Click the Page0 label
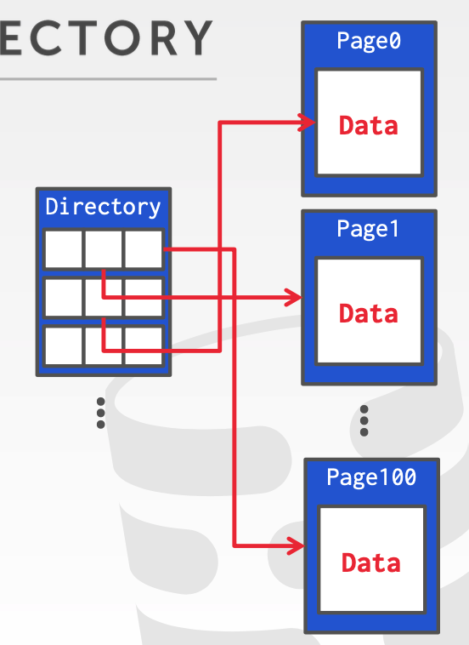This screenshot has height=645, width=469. (x=368, y=40)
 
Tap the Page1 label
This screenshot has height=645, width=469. (x=368, y=229)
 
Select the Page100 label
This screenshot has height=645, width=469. (x=371, y=477)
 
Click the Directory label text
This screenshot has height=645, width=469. (x=103, y=207)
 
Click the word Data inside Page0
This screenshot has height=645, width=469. (x=368, y=125)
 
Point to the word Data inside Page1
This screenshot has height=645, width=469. (x=368, y=313)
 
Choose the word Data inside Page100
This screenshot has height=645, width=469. (x=371, y=562)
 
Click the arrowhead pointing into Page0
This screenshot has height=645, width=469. (x=308, y=123)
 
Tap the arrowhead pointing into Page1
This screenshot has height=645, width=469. (x=294, y=298)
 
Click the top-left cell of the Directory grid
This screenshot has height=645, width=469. (x=63, y=249)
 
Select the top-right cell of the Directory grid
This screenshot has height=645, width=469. (x=144, y=249)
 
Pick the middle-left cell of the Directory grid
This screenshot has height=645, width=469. (x=63, y=298)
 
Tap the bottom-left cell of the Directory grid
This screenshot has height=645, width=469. (x=63, y=345)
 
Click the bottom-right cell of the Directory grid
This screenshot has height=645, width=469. (x=144, y=345)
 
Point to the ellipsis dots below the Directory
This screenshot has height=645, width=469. (x=101, y=413)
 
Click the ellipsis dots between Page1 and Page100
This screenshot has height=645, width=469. (x=364, y=420)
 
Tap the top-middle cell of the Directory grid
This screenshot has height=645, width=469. (x=104, y=249)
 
